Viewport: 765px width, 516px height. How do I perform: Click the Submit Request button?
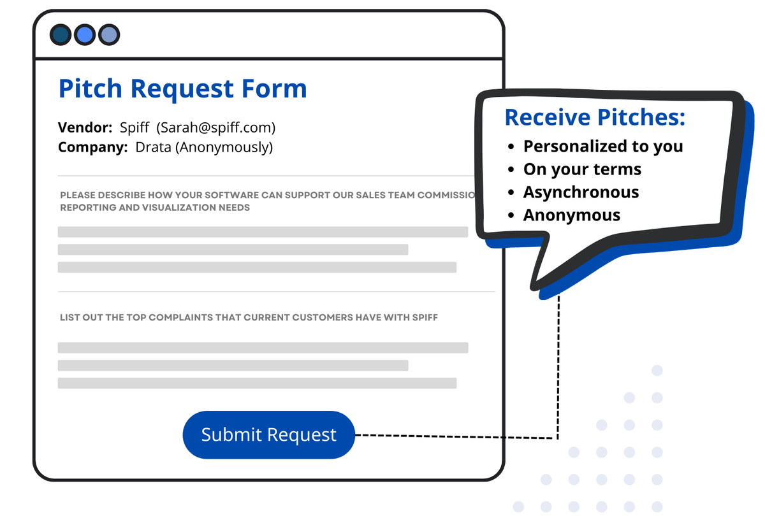(268, 435)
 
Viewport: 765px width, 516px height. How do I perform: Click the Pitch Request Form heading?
(182, 89)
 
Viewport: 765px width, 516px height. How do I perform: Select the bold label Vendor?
(85, 127)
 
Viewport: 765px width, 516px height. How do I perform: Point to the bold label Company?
(92, 148)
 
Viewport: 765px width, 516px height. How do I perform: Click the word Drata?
(153, 148)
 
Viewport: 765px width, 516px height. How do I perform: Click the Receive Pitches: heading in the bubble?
(595, 117)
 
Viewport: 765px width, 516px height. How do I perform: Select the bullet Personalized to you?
(602, 147)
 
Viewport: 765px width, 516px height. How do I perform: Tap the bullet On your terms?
(582, 169)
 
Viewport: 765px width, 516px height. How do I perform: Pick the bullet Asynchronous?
(581, 192)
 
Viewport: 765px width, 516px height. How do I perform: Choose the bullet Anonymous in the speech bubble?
(571, 215)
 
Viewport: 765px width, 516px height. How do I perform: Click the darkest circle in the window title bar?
(61, 34)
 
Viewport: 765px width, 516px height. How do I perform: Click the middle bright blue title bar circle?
(85, 34)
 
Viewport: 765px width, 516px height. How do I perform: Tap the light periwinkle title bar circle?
(108, 34)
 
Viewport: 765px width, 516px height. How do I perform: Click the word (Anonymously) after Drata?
(224, 148)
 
